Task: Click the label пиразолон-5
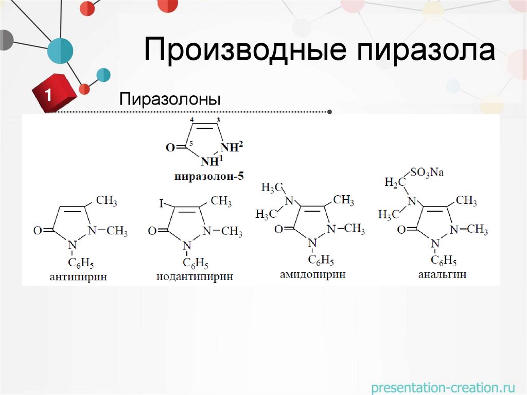[209, 177]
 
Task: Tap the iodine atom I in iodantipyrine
[161, 204]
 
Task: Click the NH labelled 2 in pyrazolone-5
[231, 148]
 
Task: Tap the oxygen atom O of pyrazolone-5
[170, 148]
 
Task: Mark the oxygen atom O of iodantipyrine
[152, 231]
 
